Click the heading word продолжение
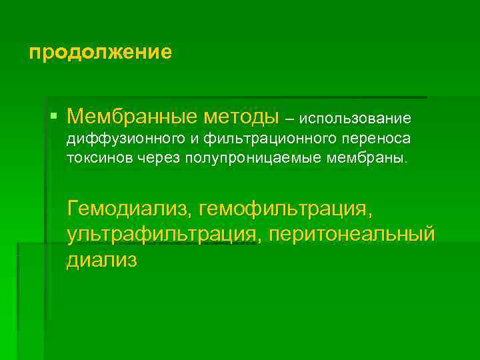click(x=101, y=52)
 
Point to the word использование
click(x=355, y=119)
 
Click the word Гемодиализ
click(x=127, y=210)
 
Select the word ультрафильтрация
click(x=161, y=235)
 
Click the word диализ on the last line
click(x=101, y=259)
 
